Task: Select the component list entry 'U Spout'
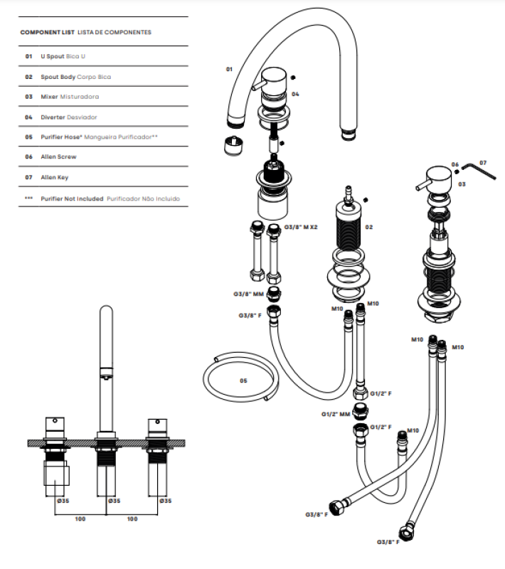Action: click(x=53, y=55)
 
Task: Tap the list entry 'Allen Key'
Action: click(x=54, y=177)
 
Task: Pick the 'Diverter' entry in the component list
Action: click(x=54, y=117)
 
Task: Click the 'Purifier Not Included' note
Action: click(x=72, y=198)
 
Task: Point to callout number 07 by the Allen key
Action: click(x=483, y=163)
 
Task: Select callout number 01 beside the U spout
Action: click(x=229, y=69)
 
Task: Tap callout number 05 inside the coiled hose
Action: click(x=243, y=381)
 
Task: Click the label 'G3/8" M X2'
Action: click(x=299, y=227)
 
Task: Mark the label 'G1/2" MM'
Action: click(x=335, y=413)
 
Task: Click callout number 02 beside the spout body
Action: click(x=369, y=227)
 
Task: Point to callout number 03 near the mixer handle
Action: click(x=462, y=184)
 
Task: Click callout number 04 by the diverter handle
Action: click(x=295, y=94)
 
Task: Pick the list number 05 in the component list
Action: click(x=29, y=137)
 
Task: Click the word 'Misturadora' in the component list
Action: click(x=80, y=96)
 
